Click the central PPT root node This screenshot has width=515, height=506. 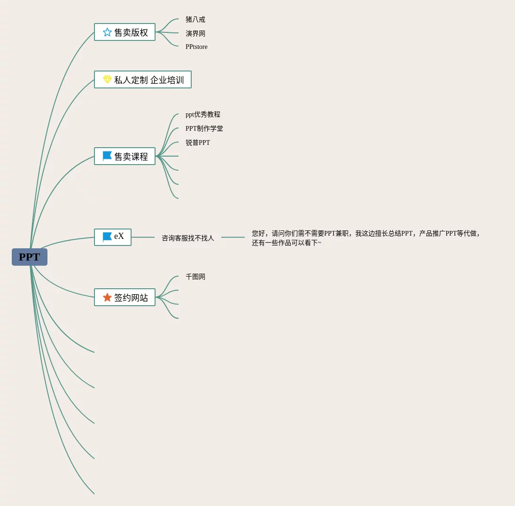30,257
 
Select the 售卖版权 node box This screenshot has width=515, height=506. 125,32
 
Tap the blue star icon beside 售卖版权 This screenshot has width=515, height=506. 107,32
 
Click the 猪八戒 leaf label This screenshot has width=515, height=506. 195,20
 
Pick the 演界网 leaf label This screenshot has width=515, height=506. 195,34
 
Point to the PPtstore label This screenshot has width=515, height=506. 196,47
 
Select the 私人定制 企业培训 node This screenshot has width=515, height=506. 143,79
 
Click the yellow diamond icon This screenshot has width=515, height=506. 107,79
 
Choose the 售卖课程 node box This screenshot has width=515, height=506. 125,156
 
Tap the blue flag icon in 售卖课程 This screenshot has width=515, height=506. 107,156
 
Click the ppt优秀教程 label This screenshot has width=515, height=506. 203,115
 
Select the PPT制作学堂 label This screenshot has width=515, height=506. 204,129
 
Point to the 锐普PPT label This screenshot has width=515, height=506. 197,143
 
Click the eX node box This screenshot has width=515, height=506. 113,237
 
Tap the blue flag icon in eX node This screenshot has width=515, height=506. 107,237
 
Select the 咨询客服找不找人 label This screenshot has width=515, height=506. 187,238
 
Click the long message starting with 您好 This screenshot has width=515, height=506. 366,238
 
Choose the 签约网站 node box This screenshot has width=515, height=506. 125,297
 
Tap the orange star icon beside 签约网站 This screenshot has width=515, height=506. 107,297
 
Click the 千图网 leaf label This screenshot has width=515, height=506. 195,277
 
